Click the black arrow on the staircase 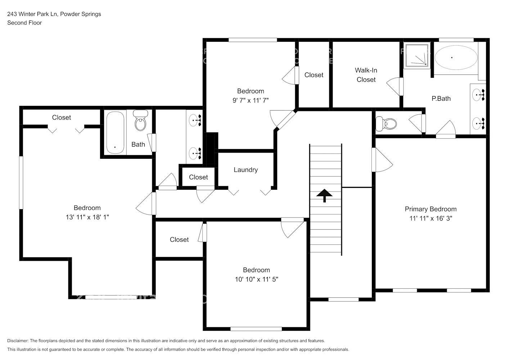coord(324,195)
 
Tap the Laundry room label coord(246,170)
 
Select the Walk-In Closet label coord(366,75)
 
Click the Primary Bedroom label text coord(431,209)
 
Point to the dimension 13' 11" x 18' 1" coord(87,217)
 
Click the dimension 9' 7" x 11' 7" coord(251,100)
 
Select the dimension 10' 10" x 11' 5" coord(256,279)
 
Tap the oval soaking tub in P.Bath coord(456,57)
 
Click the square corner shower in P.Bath coord(418,55)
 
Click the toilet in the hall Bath coord(140,121)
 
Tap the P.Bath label coord(441,99)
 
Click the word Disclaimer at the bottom coord(18,341)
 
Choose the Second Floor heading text coord(24,23)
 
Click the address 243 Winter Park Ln coord(32,14)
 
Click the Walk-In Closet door coord(395,86)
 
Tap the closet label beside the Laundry coord(198,177)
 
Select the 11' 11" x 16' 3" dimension coord(431,218)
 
